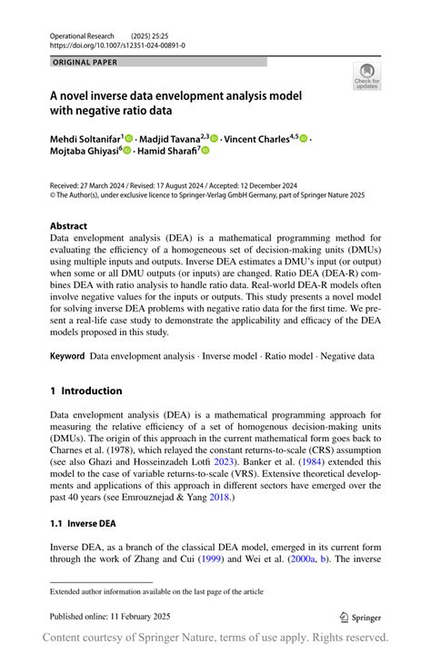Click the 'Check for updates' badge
point(366,76)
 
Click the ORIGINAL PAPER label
point(85,62)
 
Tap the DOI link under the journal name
point(117,45)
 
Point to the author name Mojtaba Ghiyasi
point(83,151)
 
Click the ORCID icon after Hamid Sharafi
point(206,151)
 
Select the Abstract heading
point(69,225)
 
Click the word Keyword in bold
point(67,357)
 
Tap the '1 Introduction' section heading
point(85,391)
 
